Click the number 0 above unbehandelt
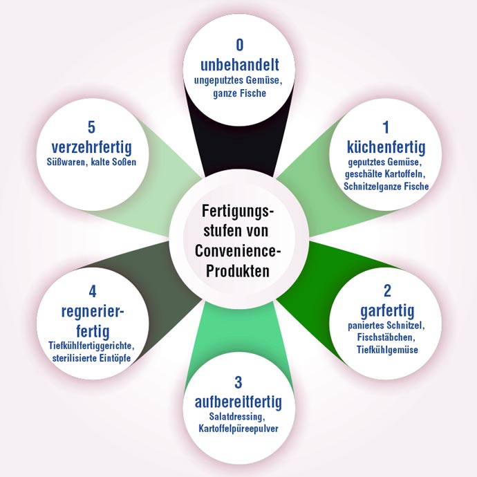(239, 46)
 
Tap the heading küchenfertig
(386, 147)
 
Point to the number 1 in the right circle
(386, 127)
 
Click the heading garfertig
(386, 309)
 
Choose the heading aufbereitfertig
(238, 402)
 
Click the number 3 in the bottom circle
(238, 383)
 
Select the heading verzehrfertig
(91, 147)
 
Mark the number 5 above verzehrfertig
(91, 128)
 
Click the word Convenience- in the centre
(238, 249)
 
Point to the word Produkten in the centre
(238, 268)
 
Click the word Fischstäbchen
(386, 337)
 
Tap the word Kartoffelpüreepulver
(238, 430)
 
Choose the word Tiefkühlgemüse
(386, 350)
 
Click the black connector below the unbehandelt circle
(239, 152)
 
